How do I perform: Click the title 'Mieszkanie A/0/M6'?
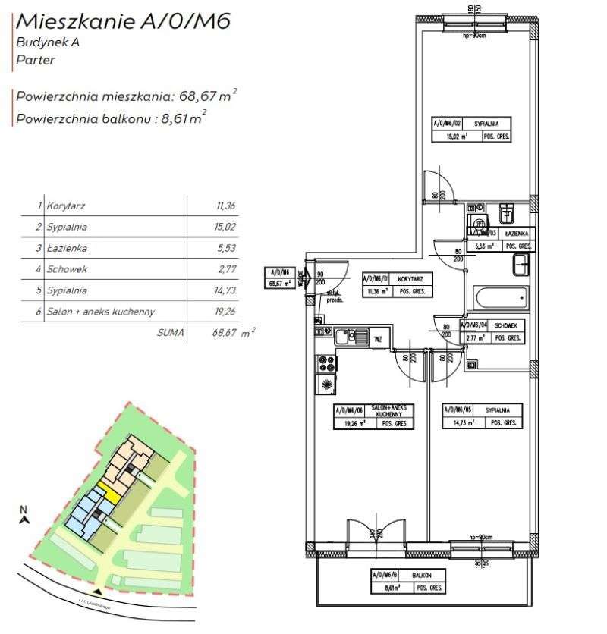122,20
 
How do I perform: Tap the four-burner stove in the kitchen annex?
327,363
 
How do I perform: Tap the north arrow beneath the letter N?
24,520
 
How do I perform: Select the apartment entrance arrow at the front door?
304,278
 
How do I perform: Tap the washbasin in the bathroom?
522,265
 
